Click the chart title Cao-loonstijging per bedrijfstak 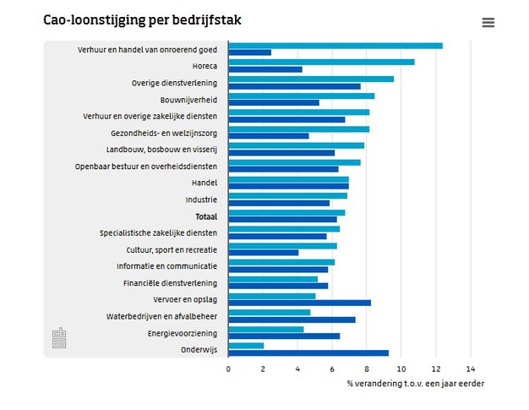[142, 20]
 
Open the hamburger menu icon [488, 23]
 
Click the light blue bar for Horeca [321, 62]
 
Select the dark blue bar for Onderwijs [308, 353]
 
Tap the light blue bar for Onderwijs [246, 345]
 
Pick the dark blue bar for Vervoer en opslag [299, 303]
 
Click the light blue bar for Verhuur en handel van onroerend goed [335, 46]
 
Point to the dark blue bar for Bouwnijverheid [274, 103]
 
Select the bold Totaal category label [206, 216]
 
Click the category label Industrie [201, 200]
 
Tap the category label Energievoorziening [183, 333]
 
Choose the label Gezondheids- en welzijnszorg [164, 133]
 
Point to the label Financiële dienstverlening [170, 283]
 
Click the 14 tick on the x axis [471, 369]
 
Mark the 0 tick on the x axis [228, 369]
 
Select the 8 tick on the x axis [367, 369]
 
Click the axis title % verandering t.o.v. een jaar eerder [415, 384]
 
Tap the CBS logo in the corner [59, 338]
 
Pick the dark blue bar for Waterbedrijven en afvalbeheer [292, 320]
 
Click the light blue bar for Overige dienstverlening [311, 79]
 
